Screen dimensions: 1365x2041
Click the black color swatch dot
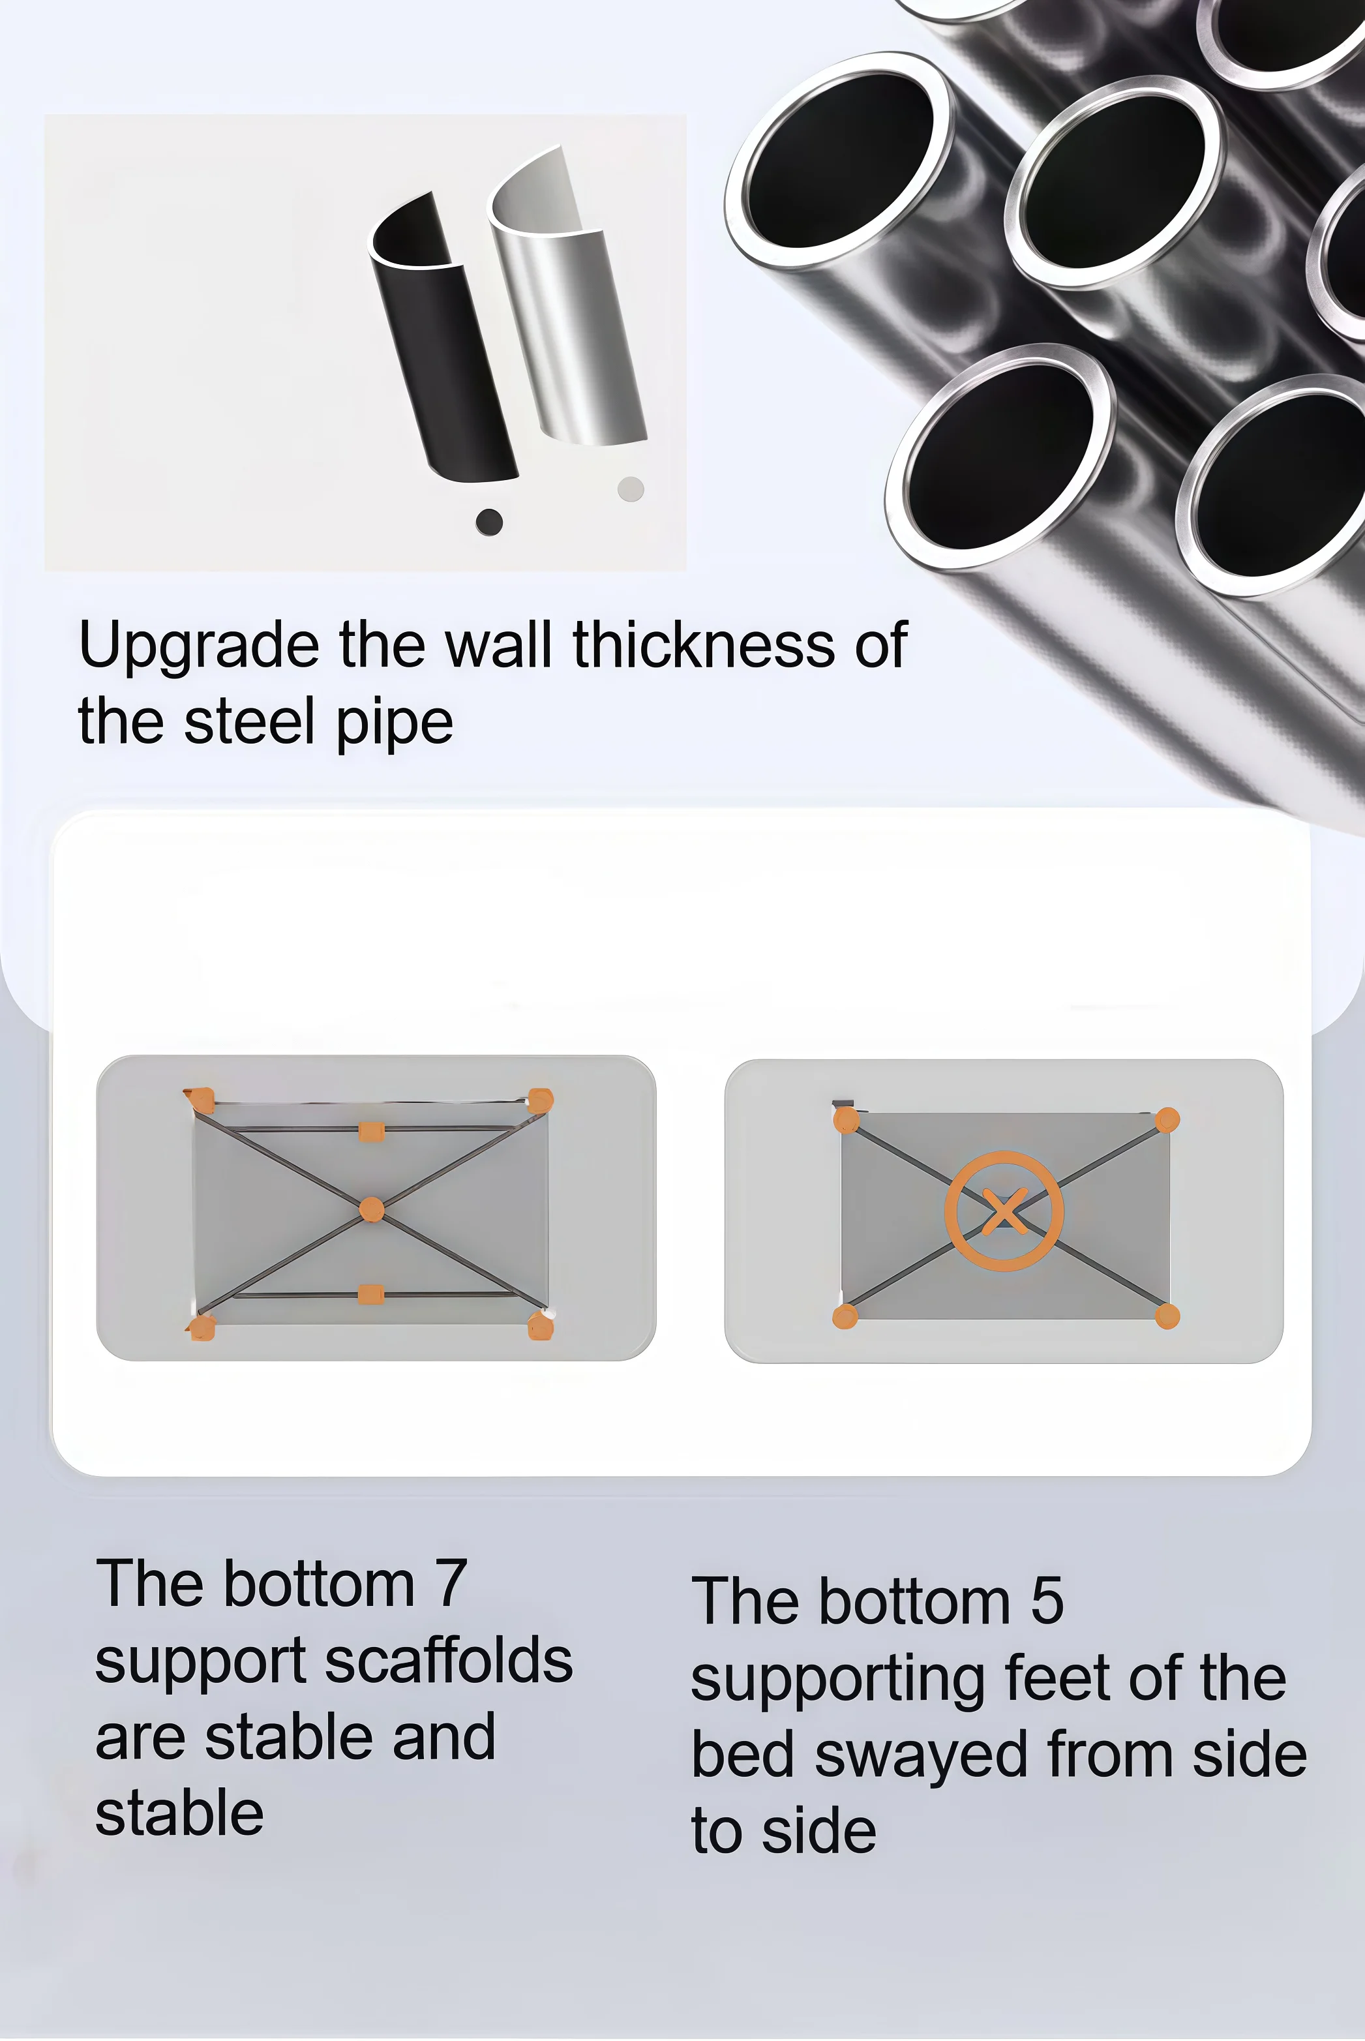(489, 522)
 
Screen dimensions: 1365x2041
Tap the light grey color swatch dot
(630, 489)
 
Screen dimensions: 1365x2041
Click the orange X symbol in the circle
(1004, 1211)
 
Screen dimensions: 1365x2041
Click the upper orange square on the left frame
(372, 1131)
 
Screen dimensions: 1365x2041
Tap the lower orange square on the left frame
(371, 1294)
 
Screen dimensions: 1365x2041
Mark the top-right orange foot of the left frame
(541, 1100)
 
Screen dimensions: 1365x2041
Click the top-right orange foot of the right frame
(1167, 1120)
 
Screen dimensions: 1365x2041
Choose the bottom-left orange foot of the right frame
(845, 1316)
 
